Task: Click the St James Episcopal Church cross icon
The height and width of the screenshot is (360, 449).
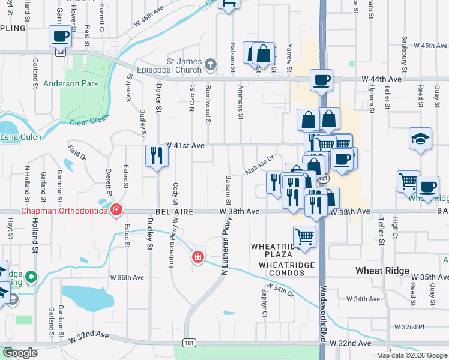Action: pyautogui.click(x=211, y=64)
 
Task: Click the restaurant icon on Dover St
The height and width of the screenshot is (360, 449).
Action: pyautogui.click(x=157, y=155)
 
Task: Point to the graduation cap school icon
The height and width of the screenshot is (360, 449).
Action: pyautogui.click(x=420, y=139)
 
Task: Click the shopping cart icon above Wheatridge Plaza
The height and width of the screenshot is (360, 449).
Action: pyautogui.click(x=304, y=236)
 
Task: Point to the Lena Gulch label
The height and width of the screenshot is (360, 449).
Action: pyautogui.click(x=21, y=137)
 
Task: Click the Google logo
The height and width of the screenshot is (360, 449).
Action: pyautogui.click(x=21, y=353)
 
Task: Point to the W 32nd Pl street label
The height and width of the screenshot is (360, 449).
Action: pyautogui.click(x=409, y=326)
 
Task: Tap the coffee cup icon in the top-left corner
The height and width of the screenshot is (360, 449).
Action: pyautogui.click(x=61, y=37)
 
